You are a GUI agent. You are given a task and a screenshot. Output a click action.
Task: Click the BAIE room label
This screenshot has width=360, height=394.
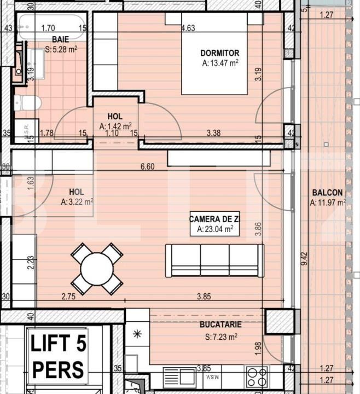pos(60,39)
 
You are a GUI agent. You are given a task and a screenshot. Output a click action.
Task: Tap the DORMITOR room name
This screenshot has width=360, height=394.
pos(220,53)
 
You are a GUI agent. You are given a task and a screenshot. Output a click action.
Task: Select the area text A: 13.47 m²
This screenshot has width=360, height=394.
pos(220,63)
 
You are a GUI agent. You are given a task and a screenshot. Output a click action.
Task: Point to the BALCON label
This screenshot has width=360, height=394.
pos(327,193)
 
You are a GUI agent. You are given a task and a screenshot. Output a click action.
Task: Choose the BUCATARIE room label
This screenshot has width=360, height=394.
pos(220,325)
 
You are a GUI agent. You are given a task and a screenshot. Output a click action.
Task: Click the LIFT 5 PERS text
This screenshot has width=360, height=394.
pos(57,356)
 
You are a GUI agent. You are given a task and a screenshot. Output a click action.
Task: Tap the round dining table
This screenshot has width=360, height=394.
pos(97,269)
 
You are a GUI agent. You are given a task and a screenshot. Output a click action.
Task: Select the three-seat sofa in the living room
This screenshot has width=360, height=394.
pos(214,260)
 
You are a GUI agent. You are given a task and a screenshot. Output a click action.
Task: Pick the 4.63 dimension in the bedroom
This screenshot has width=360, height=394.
pos(188,27)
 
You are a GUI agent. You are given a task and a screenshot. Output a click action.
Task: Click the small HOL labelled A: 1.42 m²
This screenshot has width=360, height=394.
pos(115,121)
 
